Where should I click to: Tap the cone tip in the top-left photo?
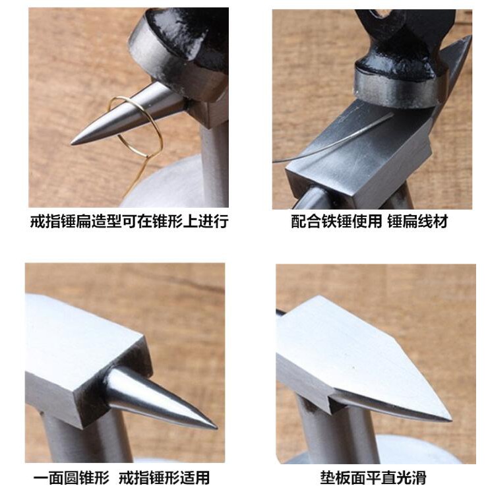click(72, 143)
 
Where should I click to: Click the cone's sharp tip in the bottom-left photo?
click(216, 428)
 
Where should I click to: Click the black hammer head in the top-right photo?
click(400, 59)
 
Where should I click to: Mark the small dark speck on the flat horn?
click(353, 367)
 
